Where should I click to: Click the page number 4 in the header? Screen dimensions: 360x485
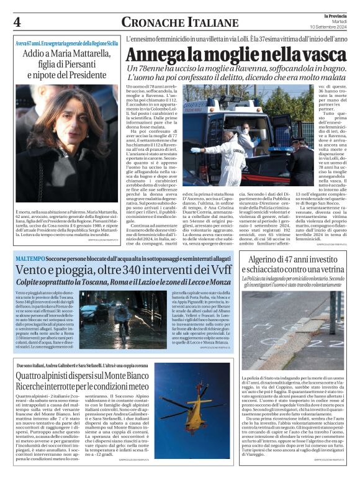point(17,21)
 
